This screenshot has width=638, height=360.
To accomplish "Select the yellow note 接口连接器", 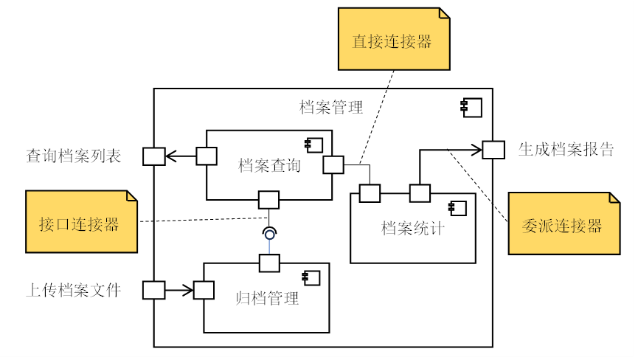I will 81,222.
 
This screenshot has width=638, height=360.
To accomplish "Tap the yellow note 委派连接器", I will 564,224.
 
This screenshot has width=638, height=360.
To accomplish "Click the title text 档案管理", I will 331,108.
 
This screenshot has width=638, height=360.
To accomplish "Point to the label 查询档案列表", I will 74,156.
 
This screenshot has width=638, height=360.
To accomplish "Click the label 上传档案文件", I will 74,290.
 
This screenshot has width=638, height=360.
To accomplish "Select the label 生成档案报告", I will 566,150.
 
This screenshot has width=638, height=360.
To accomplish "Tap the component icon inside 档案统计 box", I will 457,208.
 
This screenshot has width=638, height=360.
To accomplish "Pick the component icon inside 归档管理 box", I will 311,277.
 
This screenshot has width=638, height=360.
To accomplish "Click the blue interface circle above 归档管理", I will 270,234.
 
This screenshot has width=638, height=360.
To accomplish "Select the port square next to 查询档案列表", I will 153,156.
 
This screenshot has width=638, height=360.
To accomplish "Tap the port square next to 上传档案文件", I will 153,290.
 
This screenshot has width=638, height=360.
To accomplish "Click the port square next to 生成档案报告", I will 493,150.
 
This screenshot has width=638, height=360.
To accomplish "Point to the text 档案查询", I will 269,165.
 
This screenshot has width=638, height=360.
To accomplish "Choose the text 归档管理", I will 267,299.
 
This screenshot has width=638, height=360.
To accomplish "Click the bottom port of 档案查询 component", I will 268,199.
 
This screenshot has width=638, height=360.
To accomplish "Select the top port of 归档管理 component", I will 269,263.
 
